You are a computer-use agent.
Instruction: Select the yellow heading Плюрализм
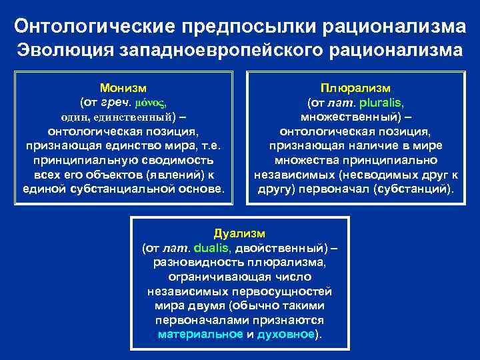(x=355, y=88)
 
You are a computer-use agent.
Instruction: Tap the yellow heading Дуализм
(x=239, y=233)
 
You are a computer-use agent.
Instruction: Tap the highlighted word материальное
(x=200, y=334)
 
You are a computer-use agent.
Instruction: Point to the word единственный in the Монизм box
(x=136, y=117)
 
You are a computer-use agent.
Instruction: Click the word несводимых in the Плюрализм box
(x=380, y=175)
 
